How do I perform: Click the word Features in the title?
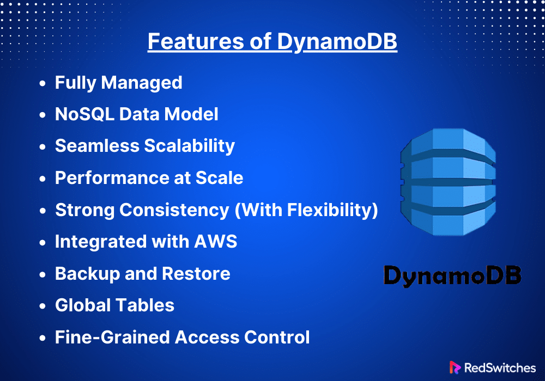click(196, 41)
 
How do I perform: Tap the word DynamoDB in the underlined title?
click(337, 42)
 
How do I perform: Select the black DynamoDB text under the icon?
click(452, 276)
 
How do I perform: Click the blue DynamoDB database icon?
click(448, 182)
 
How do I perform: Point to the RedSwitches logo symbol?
click(455, 367)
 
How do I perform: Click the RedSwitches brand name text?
click(500, 368)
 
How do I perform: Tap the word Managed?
click(142, 83)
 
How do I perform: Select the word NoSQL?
click(84, 114)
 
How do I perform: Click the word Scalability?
click(190, 146)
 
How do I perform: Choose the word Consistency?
click(174, 210)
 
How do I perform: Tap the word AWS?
click(215, 242)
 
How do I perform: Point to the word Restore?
click(196, 273)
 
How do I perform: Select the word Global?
click(83, 305)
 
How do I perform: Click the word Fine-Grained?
click(113, 337)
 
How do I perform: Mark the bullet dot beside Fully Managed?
click(43, 83)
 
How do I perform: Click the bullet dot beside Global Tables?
click(43, 306)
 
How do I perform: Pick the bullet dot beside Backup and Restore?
click(43, 274)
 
